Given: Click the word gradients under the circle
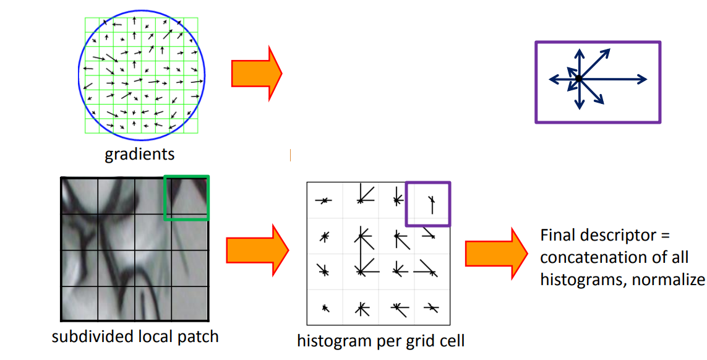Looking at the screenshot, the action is (x=139, y=153).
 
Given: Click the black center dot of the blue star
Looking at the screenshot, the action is (x=578, y=79).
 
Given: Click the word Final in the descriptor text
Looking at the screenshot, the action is (x=555, y=236).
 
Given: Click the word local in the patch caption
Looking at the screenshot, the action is (x=150, y=337).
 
